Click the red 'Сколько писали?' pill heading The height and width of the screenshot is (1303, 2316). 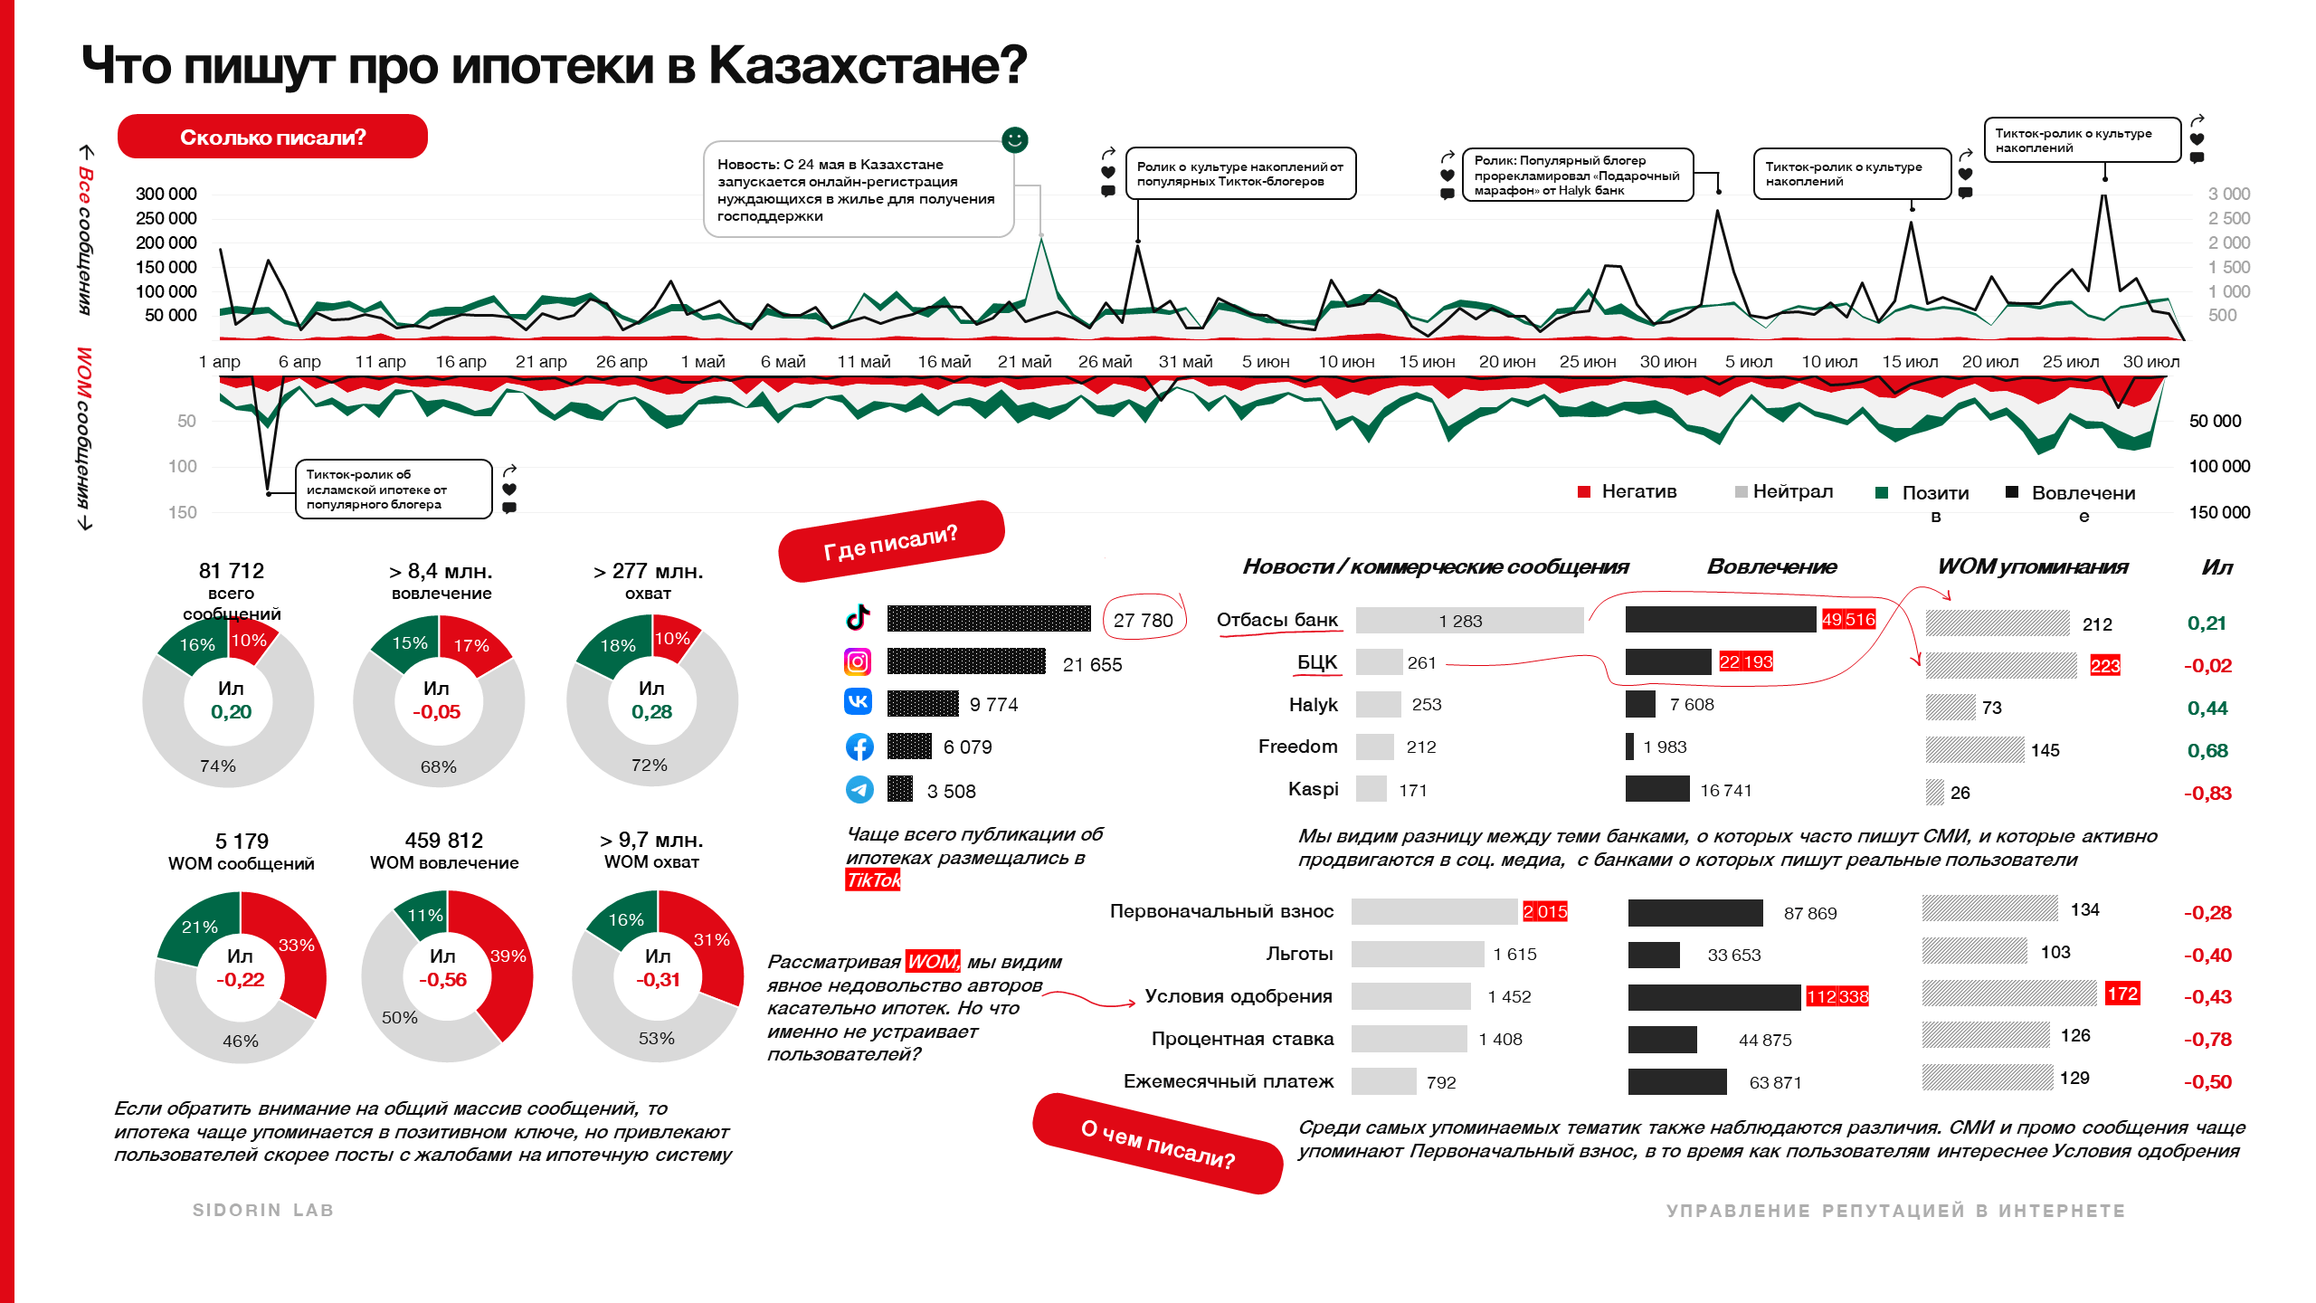pos(272,137)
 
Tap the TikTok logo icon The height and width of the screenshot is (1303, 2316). pos(858,617)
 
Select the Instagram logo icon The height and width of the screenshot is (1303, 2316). pos(858,662)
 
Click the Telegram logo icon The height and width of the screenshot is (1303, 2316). pos(859,790)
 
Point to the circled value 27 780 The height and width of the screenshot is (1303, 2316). pos(1143,620)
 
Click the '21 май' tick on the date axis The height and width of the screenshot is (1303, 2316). pos(1024,362)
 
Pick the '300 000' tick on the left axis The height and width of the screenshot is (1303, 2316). pos(166,194)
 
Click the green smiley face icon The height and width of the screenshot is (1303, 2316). pos(1014,139)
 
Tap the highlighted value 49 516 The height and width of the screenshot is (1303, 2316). pos(1847,620)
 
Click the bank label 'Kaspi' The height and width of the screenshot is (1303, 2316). pos(1313,789)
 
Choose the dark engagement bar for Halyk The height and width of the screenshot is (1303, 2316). pos(1640,704)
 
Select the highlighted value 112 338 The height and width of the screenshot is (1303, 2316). pos(1837,997)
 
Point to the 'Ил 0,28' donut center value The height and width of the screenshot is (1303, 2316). pos(651,700)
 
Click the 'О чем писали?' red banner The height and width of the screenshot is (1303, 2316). pos(1158,1144)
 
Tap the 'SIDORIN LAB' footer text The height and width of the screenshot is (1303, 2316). pos(263,1211)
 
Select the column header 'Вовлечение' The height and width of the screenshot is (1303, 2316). pos(1771,567)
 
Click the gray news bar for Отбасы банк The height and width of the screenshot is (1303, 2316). pos(1469,620)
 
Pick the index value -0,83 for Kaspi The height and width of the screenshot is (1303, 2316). pos(2207,794)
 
